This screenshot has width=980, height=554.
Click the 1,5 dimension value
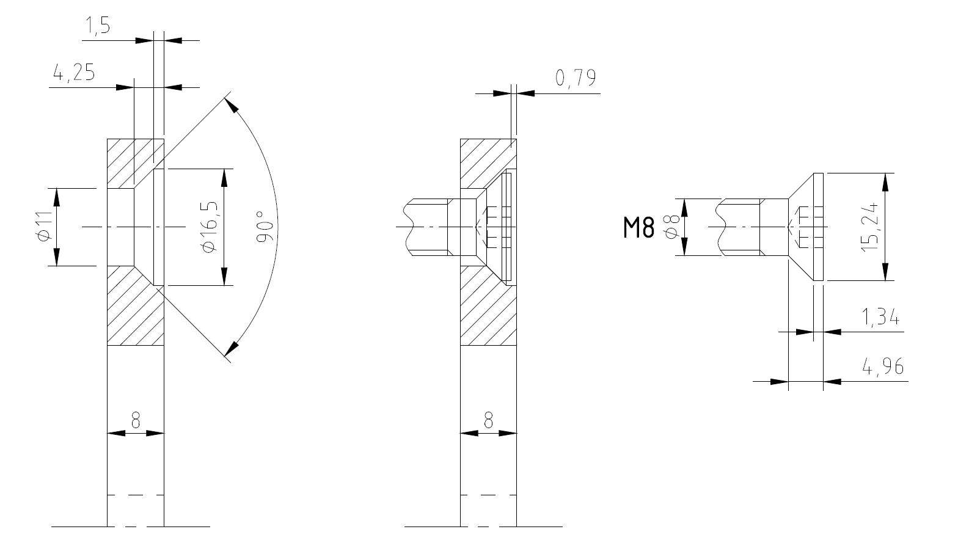click(x=98, y=26)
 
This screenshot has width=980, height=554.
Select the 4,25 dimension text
click(x=74, y=73)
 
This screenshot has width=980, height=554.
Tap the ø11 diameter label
click(x=43, y=227)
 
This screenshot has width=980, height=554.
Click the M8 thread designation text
click(x=639, y=227)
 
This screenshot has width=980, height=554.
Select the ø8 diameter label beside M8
click(x=671, y=227)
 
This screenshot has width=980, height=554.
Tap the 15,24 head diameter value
click(x=870, y=227)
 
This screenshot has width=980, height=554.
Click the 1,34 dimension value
click(x=880, y=317)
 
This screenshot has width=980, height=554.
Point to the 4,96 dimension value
click(x=882, y=366)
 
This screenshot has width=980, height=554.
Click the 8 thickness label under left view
click(x=136, y=420)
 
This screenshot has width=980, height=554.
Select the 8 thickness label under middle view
click(x=488, y=420)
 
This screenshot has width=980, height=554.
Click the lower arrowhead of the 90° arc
click(x=231, y=348)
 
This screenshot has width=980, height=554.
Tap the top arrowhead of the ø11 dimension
click(x=56, y=197)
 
